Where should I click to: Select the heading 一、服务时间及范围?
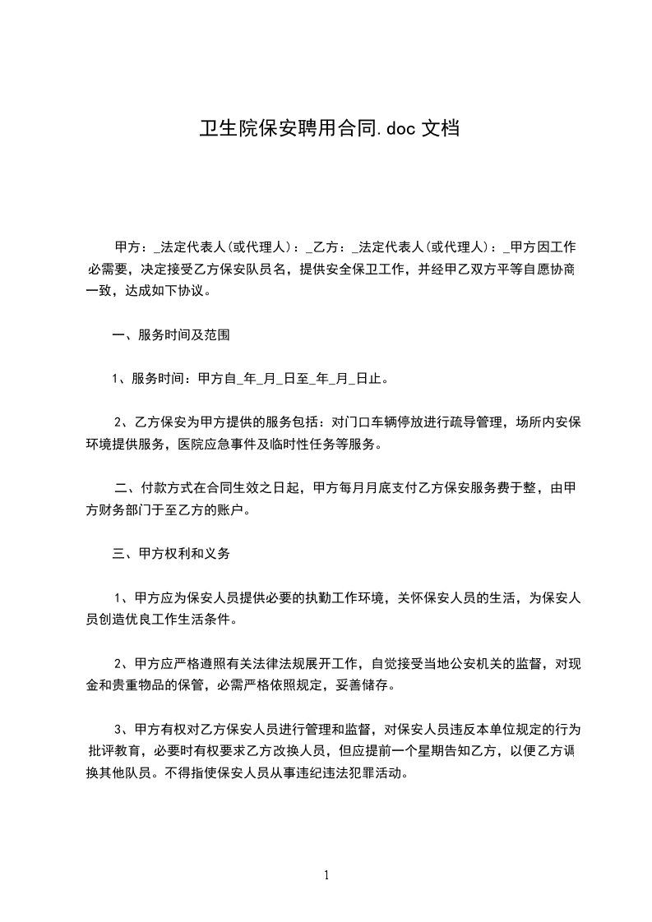(171, 334)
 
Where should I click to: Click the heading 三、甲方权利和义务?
(171, 554)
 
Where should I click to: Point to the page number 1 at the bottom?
(326, 874)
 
